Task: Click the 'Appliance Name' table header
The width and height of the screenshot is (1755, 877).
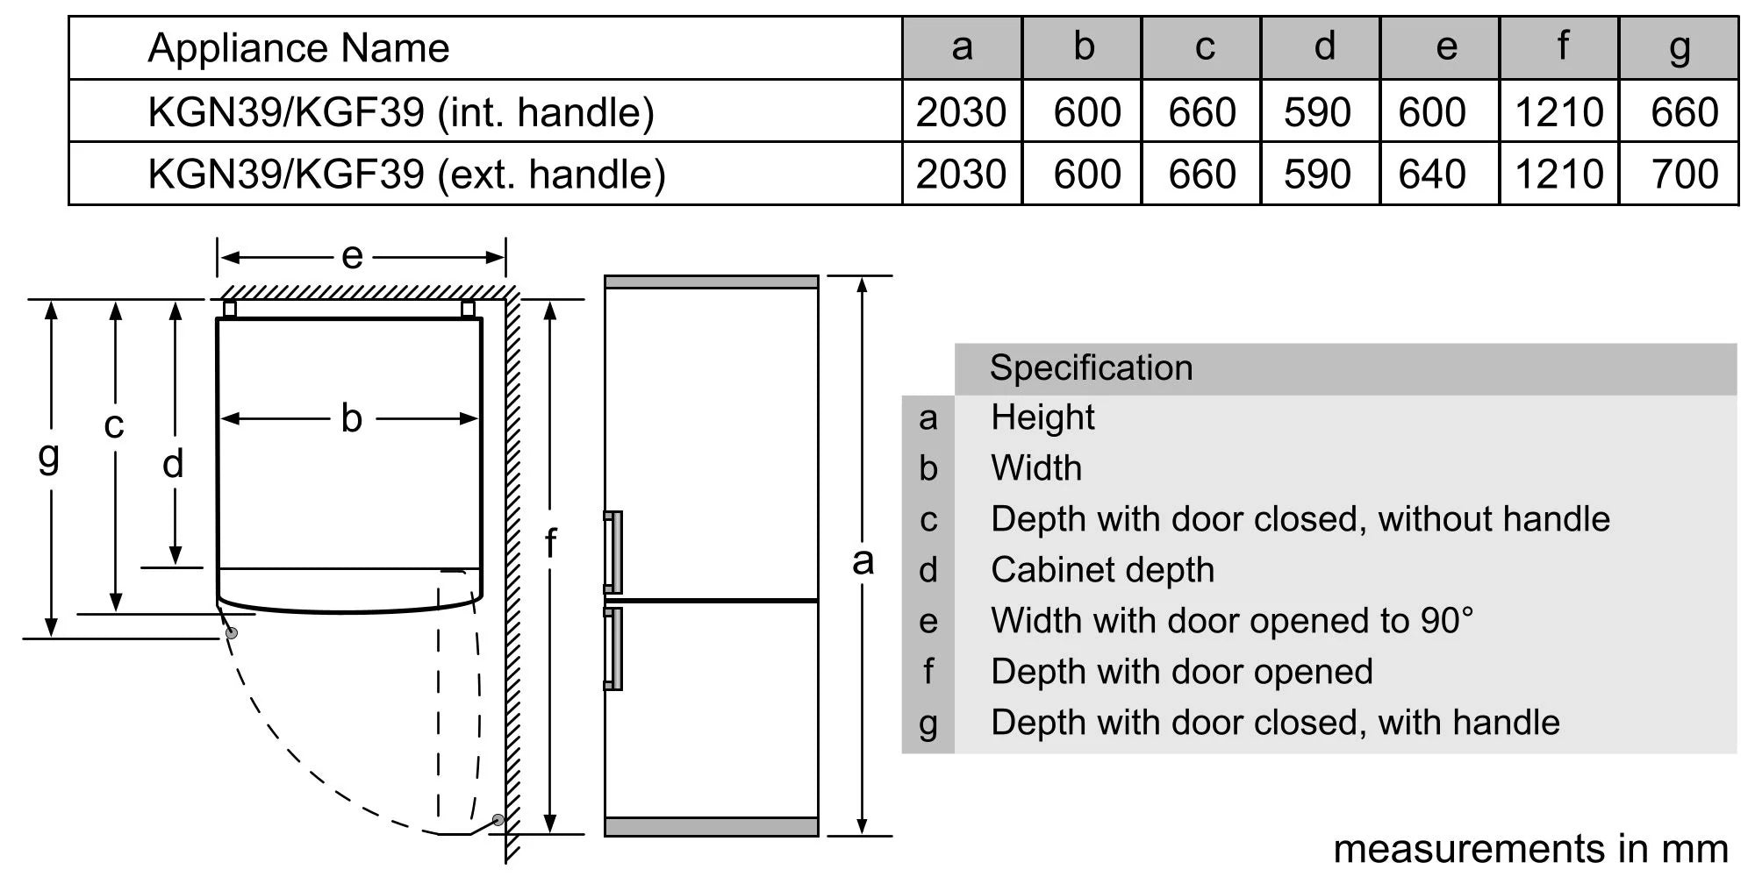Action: tap(298, 48)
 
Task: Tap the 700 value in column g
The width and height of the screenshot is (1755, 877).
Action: tap(1683, 174)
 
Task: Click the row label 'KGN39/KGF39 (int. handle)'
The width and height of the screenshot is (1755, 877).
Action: tap(401, 112)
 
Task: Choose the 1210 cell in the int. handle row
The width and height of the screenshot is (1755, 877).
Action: tap(1558, 112)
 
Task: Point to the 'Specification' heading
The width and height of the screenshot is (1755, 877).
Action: tap(1091, 368)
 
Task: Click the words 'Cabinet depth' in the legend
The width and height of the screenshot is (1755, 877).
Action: tap(1102, 570)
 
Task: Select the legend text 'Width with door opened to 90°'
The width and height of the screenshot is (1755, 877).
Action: tap(1231, 621)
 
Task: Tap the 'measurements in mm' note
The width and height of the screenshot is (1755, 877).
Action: tap(1530, 849)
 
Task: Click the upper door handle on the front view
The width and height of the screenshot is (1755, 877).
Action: tap(613, 552)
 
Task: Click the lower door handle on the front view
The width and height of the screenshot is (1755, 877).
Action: tap(613, 648)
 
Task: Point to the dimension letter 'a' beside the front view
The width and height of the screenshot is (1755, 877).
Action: tap(863, 561)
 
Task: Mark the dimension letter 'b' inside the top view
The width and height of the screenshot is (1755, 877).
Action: tap(351, 418)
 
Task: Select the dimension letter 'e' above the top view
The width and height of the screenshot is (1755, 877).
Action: tap(352, 256)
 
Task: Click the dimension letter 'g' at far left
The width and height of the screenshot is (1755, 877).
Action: tap(49, 456)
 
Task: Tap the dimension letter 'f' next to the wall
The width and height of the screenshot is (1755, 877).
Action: tap(550, 543)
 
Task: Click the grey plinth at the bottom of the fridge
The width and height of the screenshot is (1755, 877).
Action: tap(711, 826)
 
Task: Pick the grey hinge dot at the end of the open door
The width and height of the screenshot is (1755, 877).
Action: tap(498, 820)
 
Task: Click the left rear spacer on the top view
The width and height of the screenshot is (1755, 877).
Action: tap(230, 309)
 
